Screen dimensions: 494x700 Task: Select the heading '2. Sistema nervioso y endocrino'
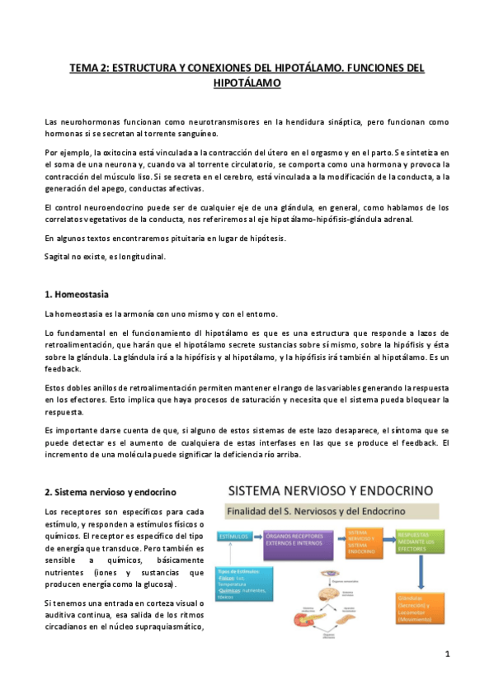point(111,492)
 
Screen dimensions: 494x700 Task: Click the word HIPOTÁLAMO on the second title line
point(247,84)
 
